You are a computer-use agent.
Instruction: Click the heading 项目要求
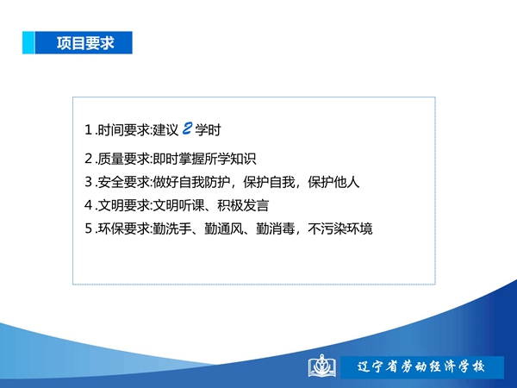click(85, 43)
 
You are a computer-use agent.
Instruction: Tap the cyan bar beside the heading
click(28, 42)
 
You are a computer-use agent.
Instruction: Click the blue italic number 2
click(187, 128)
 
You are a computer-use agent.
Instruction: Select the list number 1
click(88, 129)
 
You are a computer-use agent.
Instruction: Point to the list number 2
click(88, 159)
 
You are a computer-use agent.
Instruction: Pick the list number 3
click(88, 182)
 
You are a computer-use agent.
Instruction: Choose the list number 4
click(88, 205)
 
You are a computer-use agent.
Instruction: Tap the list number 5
click(88, 228)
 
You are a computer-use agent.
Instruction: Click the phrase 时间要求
click(123, 129)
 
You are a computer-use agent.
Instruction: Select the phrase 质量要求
click(123, 159)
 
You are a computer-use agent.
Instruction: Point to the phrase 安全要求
click(123, 182)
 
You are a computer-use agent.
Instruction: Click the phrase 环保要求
click(123, 228)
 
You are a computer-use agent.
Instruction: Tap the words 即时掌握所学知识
click(204, 159)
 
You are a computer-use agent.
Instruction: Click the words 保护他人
click(333, 182)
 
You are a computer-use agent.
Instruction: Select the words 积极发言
click(243, 205)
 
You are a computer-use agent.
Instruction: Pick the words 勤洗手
click(172, 228)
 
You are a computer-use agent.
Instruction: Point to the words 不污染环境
click(340, 228)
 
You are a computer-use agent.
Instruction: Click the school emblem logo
click(321, 366)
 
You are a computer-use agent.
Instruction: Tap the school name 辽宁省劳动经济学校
click(421, 366)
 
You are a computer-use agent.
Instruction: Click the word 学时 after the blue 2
click(208, 129)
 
